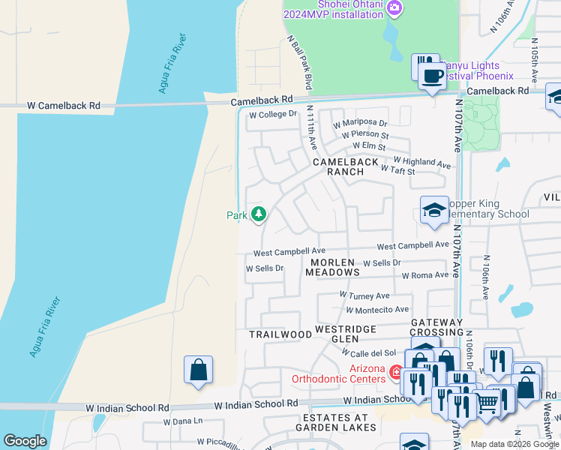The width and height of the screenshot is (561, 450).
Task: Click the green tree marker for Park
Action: [259, 214]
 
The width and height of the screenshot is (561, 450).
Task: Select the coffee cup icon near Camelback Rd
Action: [432, 76]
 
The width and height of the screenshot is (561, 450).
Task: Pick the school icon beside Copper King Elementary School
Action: [434, 211]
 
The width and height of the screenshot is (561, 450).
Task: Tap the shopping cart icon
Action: [487, 403]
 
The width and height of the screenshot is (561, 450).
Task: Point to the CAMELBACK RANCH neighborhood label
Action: [338, 166]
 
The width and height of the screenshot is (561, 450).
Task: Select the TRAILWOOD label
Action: [280, 334]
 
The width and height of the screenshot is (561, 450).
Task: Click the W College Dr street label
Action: [273, 115]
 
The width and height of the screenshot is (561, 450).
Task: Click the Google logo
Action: [25, 440]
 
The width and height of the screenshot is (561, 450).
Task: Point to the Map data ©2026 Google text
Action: [514, 444]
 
